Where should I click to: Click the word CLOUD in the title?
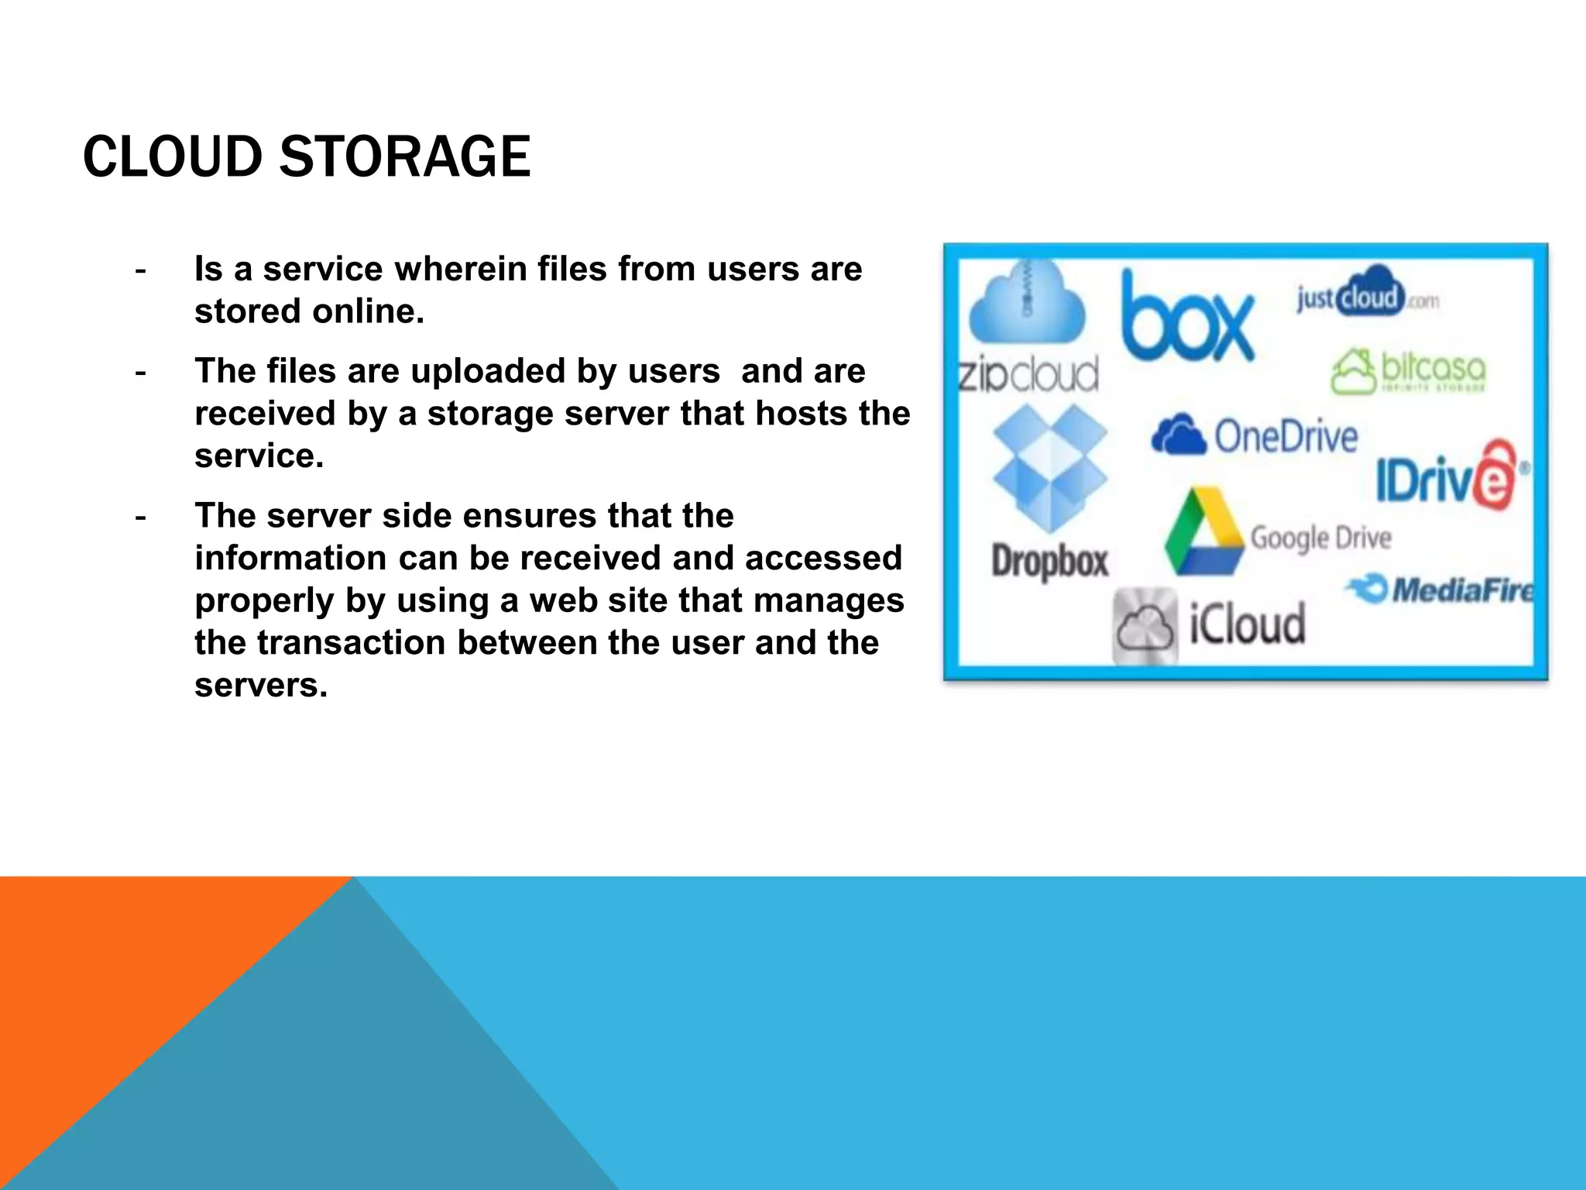coord(173,156)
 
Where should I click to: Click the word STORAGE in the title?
coord(404,156)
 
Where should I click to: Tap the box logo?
coord(1186,318)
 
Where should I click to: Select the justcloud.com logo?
coord(1368,296)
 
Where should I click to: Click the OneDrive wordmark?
coord(1286,436)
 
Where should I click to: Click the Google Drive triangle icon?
coord(1203,534)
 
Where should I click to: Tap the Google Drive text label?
coord(1321,537)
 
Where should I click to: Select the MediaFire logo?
coord(1441,590)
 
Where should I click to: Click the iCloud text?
coord(1247,624)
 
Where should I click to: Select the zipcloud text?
coord(1028,374)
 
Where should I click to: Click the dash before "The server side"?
coord(140,517)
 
